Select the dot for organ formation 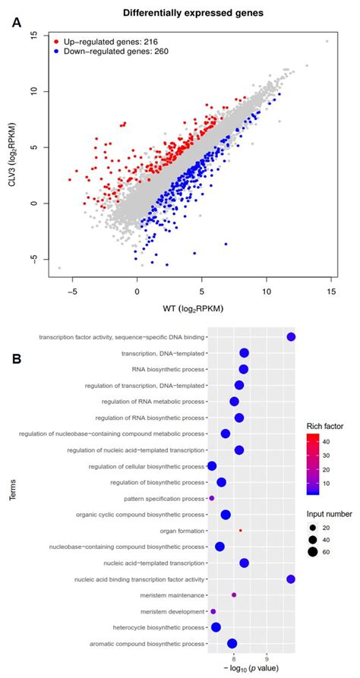coord(241,530)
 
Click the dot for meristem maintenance coord(234,594)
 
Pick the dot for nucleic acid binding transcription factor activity coord(290,579)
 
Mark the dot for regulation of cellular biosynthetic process coord(212,465)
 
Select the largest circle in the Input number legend coord(312,552)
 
